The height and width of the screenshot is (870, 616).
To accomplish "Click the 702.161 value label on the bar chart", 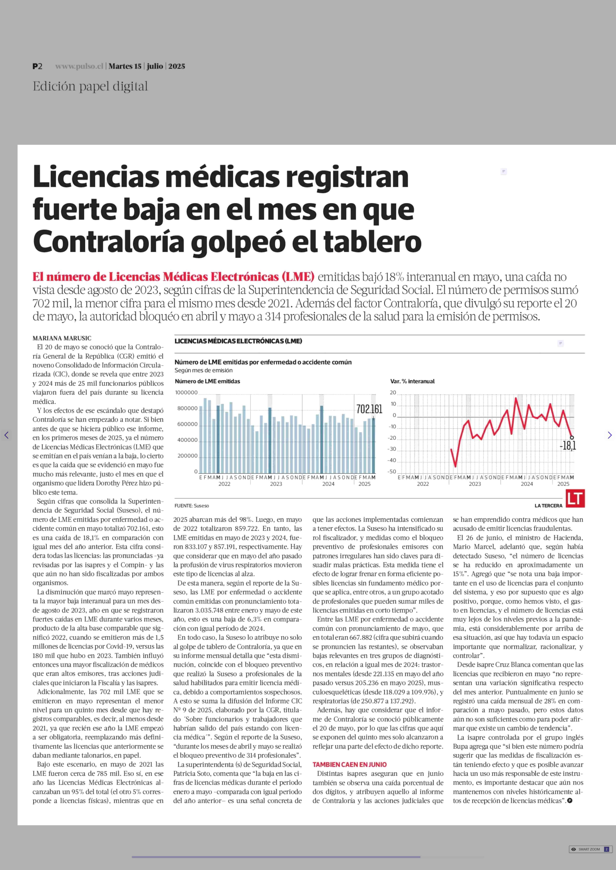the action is [x=369, y=409].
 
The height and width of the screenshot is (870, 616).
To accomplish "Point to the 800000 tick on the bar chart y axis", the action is [x=187, y=408].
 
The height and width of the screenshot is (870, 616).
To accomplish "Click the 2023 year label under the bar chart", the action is [x=276, y=484].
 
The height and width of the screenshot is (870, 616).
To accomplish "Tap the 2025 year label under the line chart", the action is [x=563, y=484].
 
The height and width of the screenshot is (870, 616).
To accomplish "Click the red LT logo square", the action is [x=575, y=498].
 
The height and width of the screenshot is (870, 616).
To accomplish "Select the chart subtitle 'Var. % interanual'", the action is [x=412, y=381].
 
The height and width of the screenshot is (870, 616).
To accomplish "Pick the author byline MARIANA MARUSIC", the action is [x=62, y=338].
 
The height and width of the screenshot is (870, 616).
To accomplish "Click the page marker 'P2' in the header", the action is [x=37, y=66].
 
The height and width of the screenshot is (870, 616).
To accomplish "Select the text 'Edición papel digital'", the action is [x=90, y=87].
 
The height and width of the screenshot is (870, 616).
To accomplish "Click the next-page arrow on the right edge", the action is [x=610, y=435].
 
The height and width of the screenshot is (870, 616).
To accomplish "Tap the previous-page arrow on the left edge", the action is [x=6, y=435].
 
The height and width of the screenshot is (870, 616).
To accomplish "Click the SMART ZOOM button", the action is [x=590, y=849].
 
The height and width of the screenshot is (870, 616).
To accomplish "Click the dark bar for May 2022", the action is [x=218, y=439].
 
